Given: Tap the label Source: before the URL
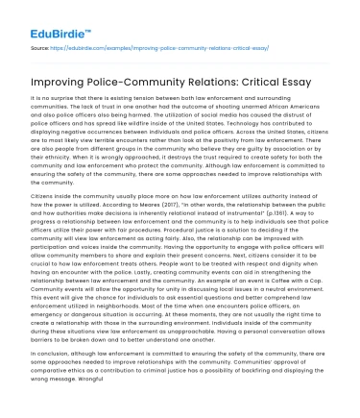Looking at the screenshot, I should [x=40, y=45].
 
